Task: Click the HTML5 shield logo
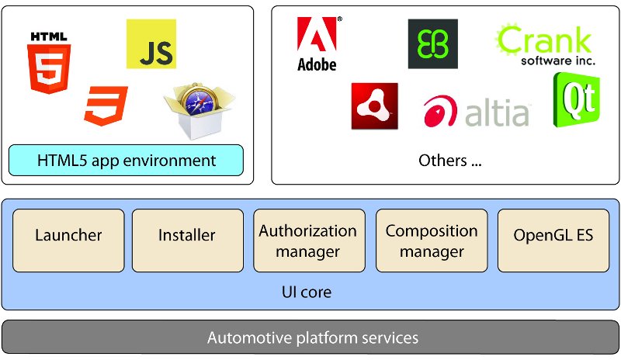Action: pos(49,69)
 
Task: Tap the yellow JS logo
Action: pos(151,44)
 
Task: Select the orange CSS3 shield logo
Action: pos(106,106)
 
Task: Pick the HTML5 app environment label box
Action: pos(126,161)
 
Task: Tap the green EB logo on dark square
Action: pos(433,44)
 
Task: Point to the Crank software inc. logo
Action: pos(546,44)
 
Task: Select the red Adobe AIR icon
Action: pos(375,106)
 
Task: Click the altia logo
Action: pos(477,111)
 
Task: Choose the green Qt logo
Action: pos(577,100)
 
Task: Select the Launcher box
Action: pos(68,241)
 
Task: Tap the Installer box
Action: pos(188,241)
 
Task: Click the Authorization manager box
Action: pos(309,241)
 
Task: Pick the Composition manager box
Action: pos(432,241)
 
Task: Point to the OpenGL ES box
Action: pos(553,241)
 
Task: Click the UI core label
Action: pos(307,292)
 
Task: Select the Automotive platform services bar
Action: pos(310,337)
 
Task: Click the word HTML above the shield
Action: pos(49,36)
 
